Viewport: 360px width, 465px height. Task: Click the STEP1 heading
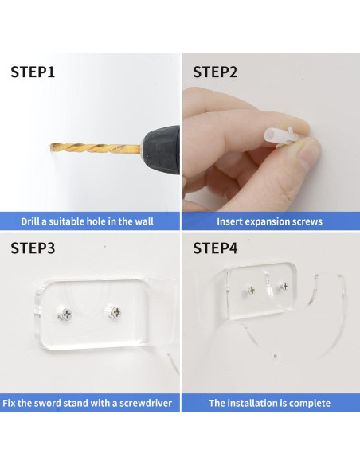coord(33,72)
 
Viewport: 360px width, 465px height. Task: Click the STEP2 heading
coord(215,72)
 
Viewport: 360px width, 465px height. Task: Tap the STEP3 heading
coord(33,248)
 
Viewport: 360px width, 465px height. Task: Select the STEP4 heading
coord(215,248)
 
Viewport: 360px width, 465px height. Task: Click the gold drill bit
coord(95,147)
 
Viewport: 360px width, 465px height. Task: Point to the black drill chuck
coord(161,150)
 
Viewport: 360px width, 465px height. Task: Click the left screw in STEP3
coord(65,314)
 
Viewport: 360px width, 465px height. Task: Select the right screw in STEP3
coord(115,311)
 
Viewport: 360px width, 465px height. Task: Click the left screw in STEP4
coord(251,291)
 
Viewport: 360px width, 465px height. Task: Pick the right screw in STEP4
coord(284,287)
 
